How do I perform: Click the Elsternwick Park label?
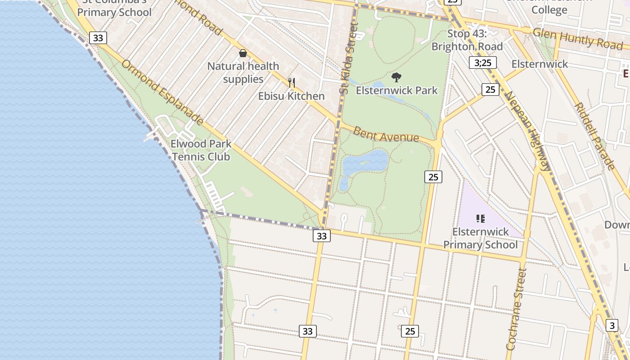pyautogui.click(x=396, y=90)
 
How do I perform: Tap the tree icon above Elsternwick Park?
pyautogui.click(x=396, y=77)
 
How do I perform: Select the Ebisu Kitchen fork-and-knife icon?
pyautogui.click(x=292, y=82)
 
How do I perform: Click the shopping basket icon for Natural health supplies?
pyautogui.click(x=243, y=54)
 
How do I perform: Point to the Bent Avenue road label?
pyautogui.click(x=386, y=135)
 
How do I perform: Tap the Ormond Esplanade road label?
pyautogui.click(x=162, y=92)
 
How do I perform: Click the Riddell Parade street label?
pyautogui.click(x=595, y=136)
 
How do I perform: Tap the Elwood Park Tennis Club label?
pyautogui.click(x=201, y=150)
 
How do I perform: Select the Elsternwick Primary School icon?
pyautogui.click(x=480, y=219)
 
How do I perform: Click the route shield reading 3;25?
pyautogui.click(x=483, y=63)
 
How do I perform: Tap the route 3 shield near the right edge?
pyautogui.click(x=612, y=325)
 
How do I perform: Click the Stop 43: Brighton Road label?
pyautogui.click(x=467, y=40)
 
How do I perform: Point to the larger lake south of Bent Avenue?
pyautogui.click(x=365, y=162)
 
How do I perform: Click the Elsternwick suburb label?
pyautogui.click(x=540, y=64)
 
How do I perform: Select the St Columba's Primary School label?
pyautogui.click(x=114, y=8)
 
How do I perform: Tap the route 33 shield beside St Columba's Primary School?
pyautogui.click(x=98, y=38)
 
